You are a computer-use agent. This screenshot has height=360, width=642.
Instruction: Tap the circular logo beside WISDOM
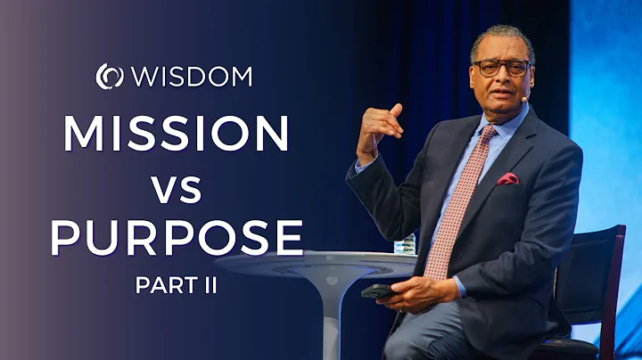[x=109, y=77]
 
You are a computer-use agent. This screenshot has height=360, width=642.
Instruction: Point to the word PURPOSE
[x=177, y=239]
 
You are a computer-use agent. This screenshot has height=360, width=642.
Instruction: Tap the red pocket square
[x=508, y=179]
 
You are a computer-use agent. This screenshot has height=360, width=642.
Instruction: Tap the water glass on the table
[x=407, y=243]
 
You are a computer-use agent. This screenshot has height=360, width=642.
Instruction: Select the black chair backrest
[x=594, y=267]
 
